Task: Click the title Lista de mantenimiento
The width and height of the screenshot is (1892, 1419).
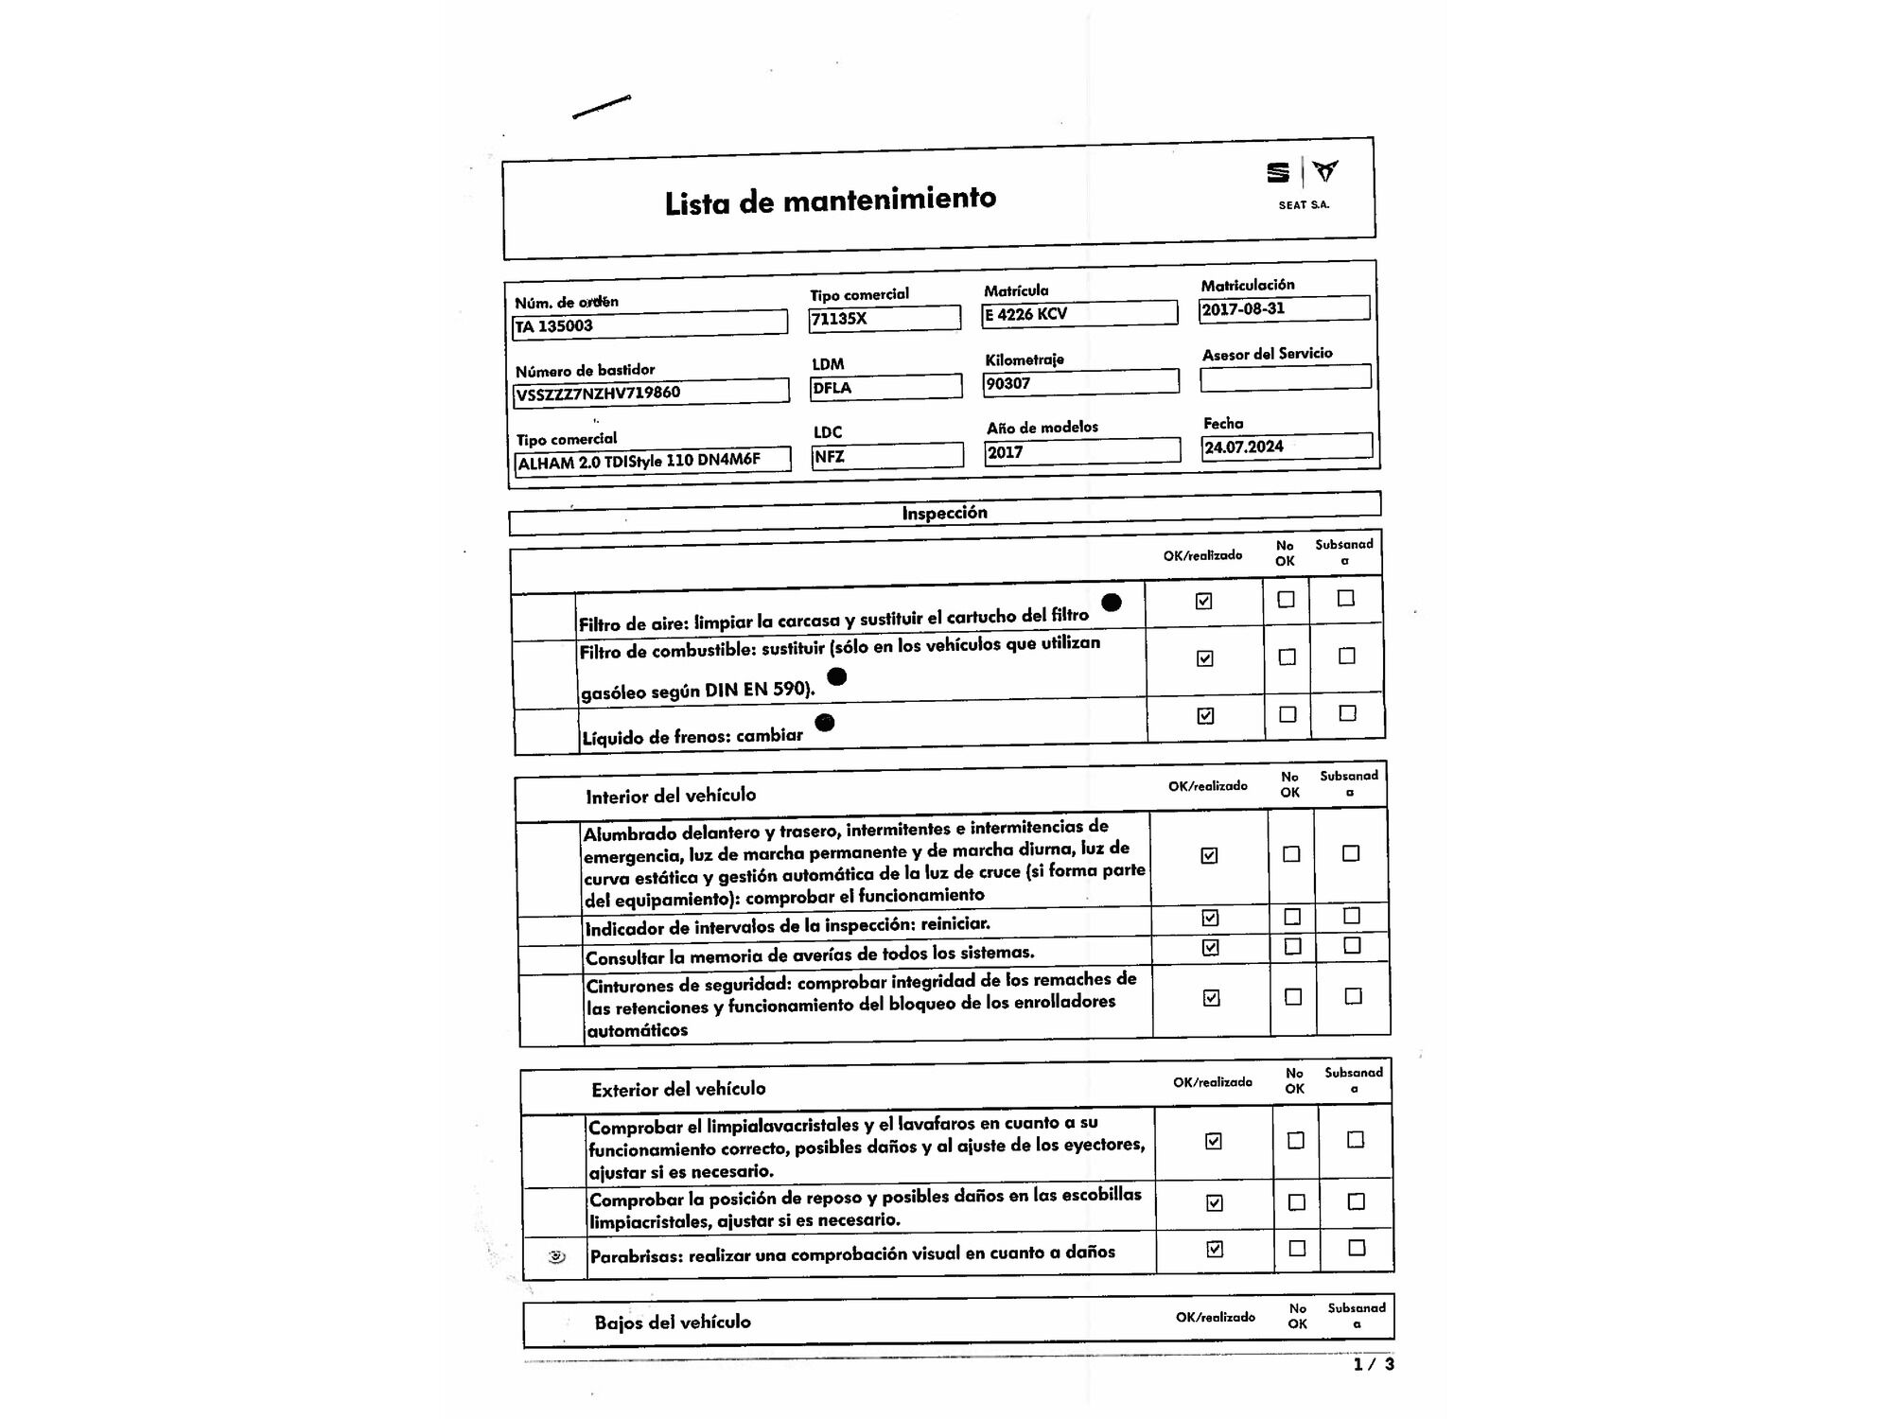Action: coord(830,201)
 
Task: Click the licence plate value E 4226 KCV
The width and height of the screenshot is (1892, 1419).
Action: coord(1078,313)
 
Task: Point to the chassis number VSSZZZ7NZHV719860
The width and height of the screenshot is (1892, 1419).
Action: coord(650,392)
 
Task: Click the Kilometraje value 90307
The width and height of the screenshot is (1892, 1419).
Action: coord(1080,383)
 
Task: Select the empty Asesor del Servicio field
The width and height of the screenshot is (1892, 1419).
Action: coord(1285,377)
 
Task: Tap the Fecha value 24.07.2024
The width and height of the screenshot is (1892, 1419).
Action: coord(1286,447)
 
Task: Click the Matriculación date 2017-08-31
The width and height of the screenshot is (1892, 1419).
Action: coord(1283,308)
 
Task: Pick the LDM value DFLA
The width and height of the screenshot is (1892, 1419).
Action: coord(885,387)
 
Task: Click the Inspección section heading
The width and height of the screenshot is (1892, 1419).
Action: coord(944,513)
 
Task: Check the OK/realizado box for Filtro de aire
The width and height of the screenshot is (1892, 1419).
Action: coord(1203,601)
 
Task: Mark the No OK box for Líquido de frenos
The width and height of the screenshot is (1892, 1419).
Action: coord(1288,714)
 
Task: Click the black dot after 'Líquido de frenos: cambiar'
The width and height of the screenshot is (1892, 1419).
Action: coord(825,723)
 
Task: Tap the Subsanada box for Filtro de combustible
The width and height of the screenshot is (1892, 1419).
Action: coord(1347,656)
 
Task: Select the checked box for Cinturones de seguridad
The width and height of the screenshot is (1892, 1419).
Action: coord(1211,997)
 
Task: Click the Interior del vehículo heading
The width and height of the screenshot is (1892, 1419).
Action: coord(671,796)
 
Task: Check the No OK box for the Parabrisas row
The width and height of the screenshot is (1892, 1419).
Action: coord(1297,1248)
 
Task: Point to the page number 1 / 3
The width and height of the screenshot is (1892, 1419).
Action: coord(1374,1364)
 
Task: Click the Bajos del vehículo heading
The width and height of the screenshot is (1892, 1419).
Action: coord(673,1322)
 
